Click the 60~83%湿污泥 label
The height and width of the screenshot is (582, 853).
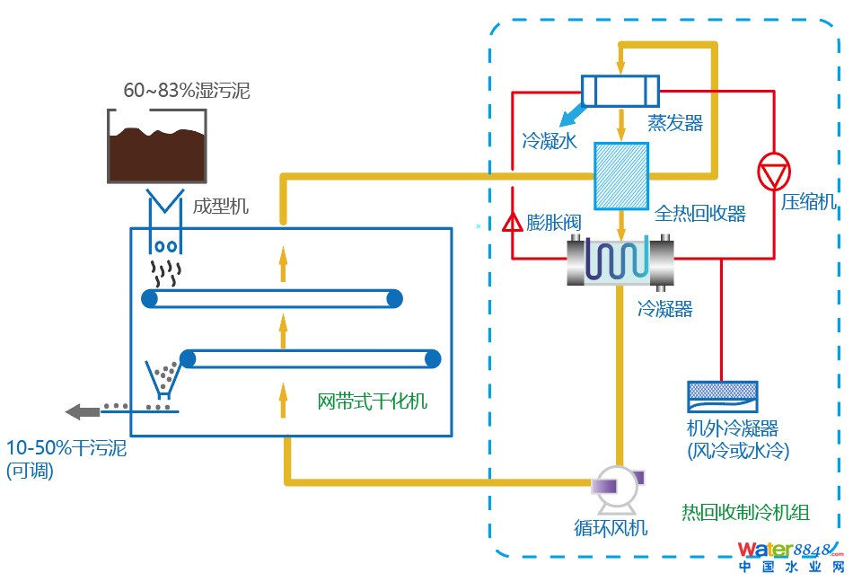coord(186,91)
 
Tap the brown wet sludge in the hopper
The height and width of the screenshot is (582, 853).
coord(158,154)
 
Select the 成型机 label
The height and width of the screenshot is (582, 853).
coord(220,207)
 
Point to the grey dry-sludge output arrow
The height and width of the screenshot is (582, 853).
coord(83,411)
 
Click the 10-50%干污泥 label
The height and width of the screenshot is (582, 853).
coord(66,447)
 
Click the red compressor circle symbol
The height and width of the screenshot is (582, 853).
coord(772,172)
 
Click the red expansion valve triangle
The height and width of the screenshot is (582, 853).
coord(513,221)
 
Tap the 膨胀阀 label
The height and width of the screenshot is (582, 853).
coord(551,223)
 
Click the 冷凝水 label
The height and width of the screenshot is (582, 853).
coord(549,141)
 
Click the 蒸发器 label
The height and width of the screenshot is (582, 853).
coord(675,123)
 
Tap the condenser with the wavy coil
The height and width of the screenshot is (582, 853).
coord(620,260)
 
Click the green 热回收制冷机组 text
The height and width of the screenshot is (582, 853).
coord(745,513)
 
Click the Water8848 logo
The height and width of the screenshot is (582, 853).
coord(790,556)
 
